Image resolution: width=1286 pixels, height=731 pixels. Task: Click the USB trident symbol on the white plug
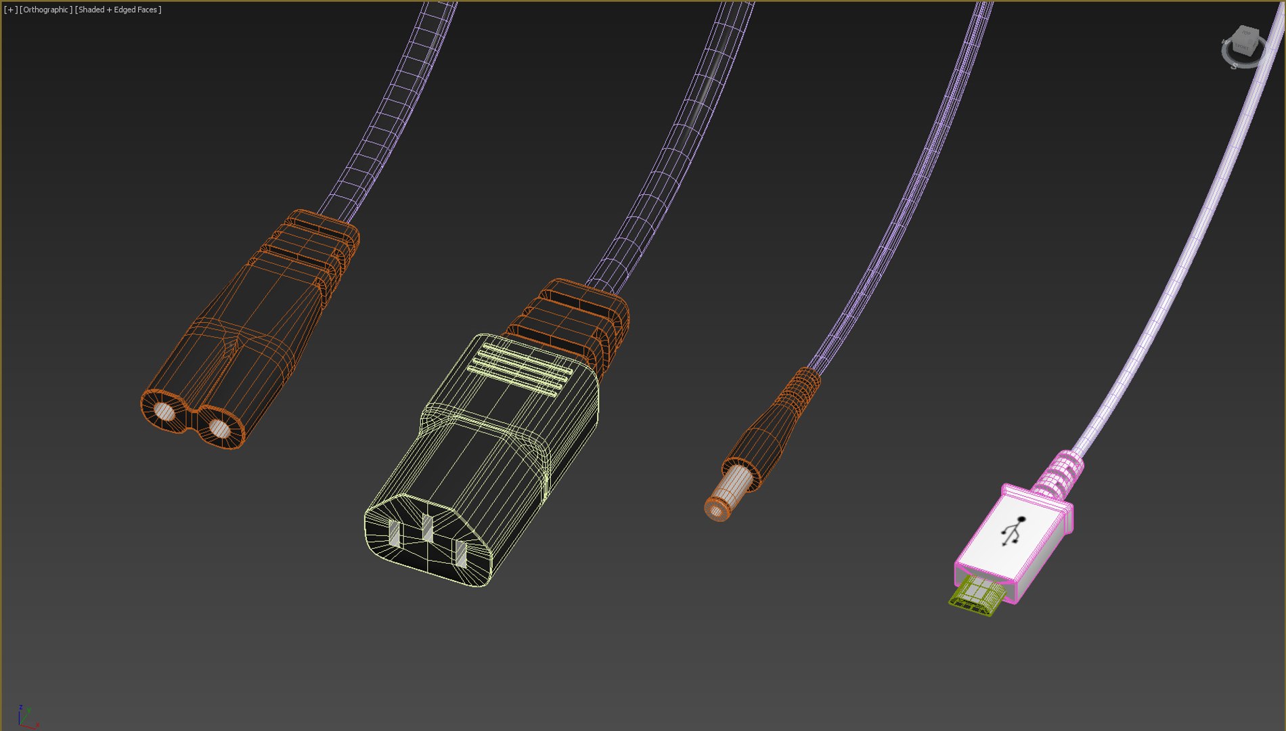tap(1013, 531)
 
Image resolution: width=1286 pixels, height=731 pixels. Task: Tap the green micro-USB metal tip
tap(975, 596)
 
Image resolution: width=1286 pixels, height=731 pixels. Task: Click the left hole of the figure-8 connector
tap(164, 411)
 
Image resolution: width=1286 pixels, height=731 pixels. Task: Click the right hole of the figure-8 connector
tap(219, 428)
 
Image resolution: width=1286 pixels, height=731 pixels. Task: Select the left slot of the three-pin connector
tap(394, 533)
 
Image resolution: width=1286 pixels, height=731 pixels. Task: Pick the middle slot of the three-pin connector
tap(427, 528)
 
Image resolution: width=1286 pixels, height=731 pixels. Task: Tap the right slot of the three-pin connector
tap(461, 553)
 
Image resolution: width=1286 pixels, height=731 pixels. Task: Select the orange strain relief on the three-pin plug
tap(575, 318)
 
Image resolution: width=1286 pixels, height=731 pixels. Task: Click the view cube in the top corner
tap(1244, 45)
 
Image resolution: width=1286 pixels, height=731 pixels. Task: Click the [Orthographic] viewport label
tap(46, 9)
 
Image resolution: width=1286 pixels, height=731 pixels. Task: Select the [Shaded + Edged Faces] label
tap(118, 9)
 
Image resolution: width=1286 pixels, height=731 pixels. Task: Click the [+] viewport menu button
tap(10, 9)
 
